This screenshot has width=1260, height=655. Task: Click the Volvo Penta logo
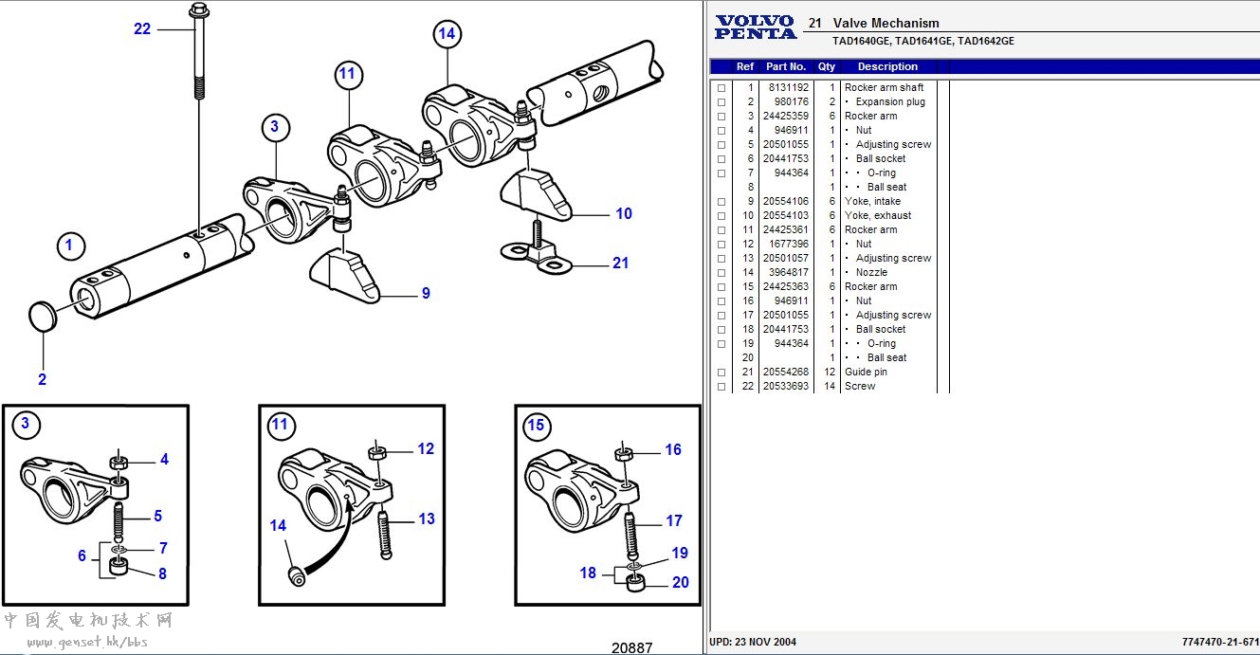click(x=756, y=27)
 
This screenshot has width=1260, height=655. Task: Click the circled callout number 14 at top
click(x=447, y=35)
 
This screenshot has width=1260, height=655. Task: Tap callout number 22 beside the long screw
click(x=142, y=29)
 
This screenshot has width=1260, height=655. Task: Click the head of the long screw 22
click(x=199, y=11)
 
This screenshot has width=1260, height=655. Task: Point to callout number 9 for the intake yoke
click(x=426, y=294)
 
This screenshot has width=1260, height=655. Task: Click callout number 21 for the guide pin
click(x=620, y=264)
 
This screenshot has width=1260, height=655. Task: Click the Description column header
click(x=887, y=66)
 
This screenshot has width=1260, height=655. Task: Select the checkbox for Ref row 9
click(x=721, y=202)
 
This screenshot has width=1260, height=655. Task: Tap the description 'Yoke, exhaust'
click(x=878, y=215)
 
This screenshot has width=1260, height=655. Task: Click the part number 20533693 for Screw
click(x=786, y=386)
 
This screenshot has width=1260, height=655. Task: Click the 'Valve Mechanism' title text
click(x=886, y=23)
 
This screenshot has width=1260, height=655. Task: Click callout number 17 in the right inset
click(x=673, y=520)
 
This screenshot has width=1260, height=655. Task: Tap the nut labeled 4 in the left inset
click(x=119, y=462)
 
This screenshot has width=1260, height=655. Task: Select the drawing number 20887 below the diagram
click(x=631, y=647)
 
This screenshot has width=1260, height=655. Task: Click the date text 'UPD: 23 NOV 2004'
click(x=753, y=642)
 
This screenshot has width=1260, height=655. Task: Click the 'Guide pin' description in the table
click(x=866, y=372)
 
